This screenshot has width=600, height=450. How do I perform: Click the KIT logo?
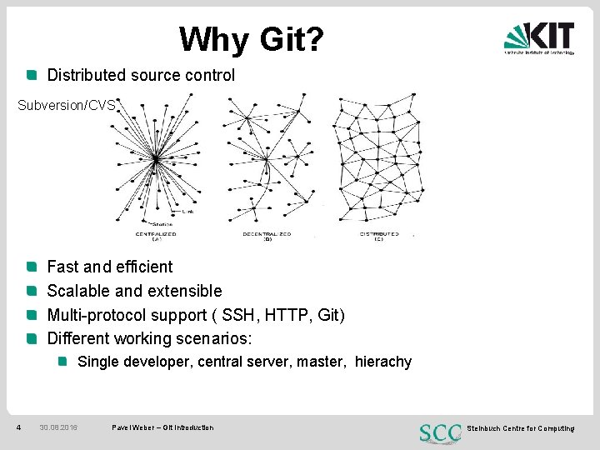pos(538,37)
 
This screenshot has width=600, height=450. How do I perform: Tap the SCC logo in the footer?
pos(440,432)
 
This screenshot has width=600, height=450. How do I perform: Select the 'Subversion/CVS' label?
pos(66,106)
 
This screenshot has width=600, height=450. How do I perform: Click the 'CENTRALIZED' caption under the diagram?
pos(157,233)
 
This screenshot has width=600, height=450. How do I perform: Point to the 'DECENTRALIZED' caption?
pos(267,233)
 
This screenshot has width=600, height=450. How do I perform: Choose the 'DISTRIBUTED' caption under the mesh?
pos(379,233)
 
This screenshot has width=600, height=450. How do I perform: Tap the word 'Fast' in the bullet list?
pos(62,267)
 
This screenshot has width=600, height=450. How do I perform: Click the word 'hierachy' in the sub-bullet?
pos(383,362)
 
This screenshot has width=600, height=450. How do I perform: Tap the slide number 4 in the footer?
pos(18,427)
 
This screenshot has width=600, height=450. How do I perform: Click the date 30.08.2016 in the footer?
pos(58,427)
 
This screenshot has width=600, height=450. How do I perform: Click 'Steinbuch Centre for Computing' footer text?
pos(521,427)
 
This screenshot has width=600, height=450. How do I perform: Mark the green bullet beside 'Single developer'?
pos(62,362)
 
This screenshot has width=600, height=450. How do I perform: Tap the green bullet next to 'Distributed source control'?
pos(32,75)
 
